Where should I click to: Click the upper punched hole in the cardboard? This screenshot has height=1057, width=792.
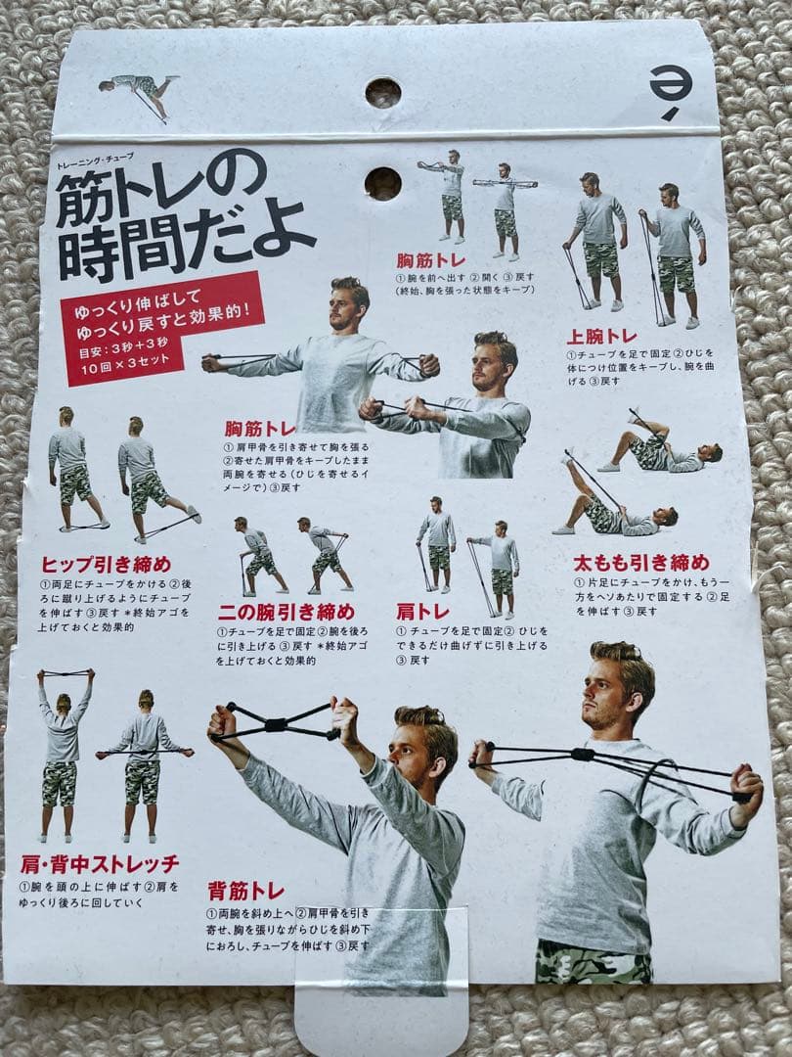point(382,93)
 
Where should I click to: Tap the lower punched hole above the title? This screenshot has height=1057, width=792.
point(382,183)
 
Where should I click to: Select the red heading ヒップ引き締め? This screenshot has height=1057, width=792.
point(107,564)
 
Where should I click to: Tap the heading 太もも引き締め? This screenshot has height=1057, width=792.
point(640,563)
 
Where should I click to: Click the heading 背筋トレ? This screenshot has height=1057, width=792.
point(245,891)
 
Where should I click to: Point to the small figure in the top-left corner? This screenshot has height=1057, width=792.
point(137,94)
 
